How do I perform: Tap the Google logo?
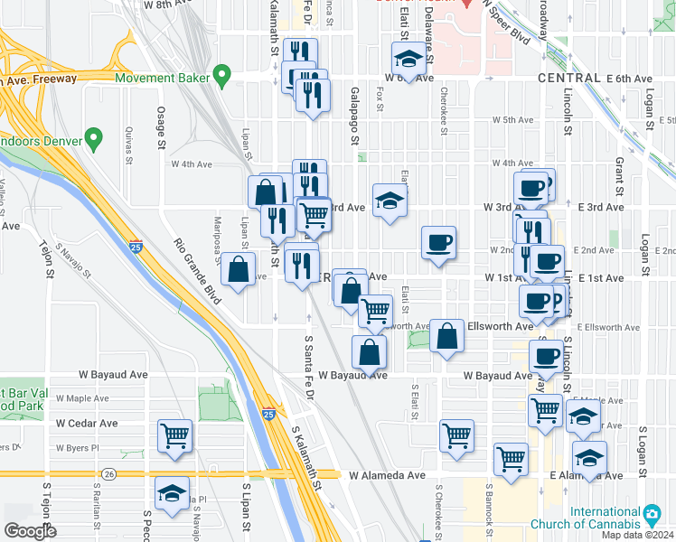click(x=31, y=531)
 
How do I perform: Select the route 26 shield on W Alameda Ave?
click(x=108, y=473)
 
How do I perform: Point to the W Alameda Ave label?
click(x=387, y=474)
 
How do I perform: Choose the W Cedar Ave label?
click(x=87, y=423)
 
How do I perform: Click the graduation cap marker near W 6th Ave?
click(x=408, y=61)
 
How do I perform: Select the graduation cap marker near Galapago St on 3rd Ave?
click(x=390, y=201)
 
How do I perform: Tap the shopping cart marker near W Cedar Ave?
click(x=174, y=435)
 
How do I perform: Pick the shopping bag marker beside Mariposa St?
click(x=237, y=269)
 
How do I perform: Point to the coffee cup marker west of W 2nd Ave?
click(x=438, y=242)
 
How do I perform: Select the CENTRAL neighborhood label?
click(x=568, y=79)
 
